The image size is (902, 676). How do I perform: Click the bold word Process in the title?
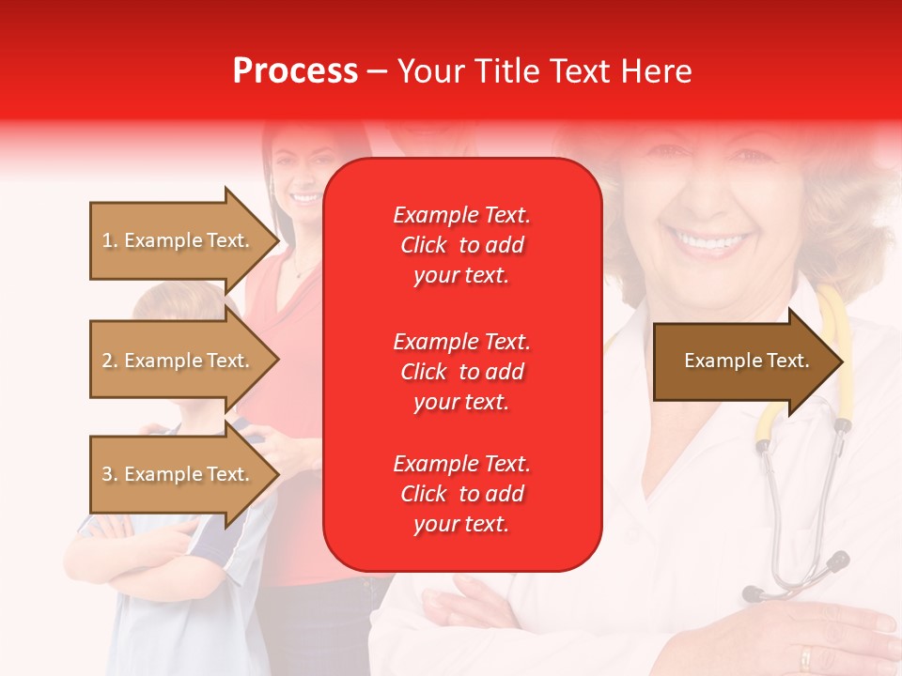coord(295,71)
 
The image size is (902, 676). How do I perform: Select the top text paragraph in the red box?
coord(461,245)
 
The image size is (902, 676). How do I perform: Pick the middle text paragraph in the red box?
coord(461,372)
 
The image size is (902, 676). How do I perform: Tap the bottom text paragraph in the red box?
coord(461,494)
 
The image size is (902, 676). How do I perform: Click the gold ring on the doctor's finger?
coord(806,655)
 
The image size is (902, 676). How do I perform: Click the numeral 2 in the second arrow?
coord(106,361)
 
